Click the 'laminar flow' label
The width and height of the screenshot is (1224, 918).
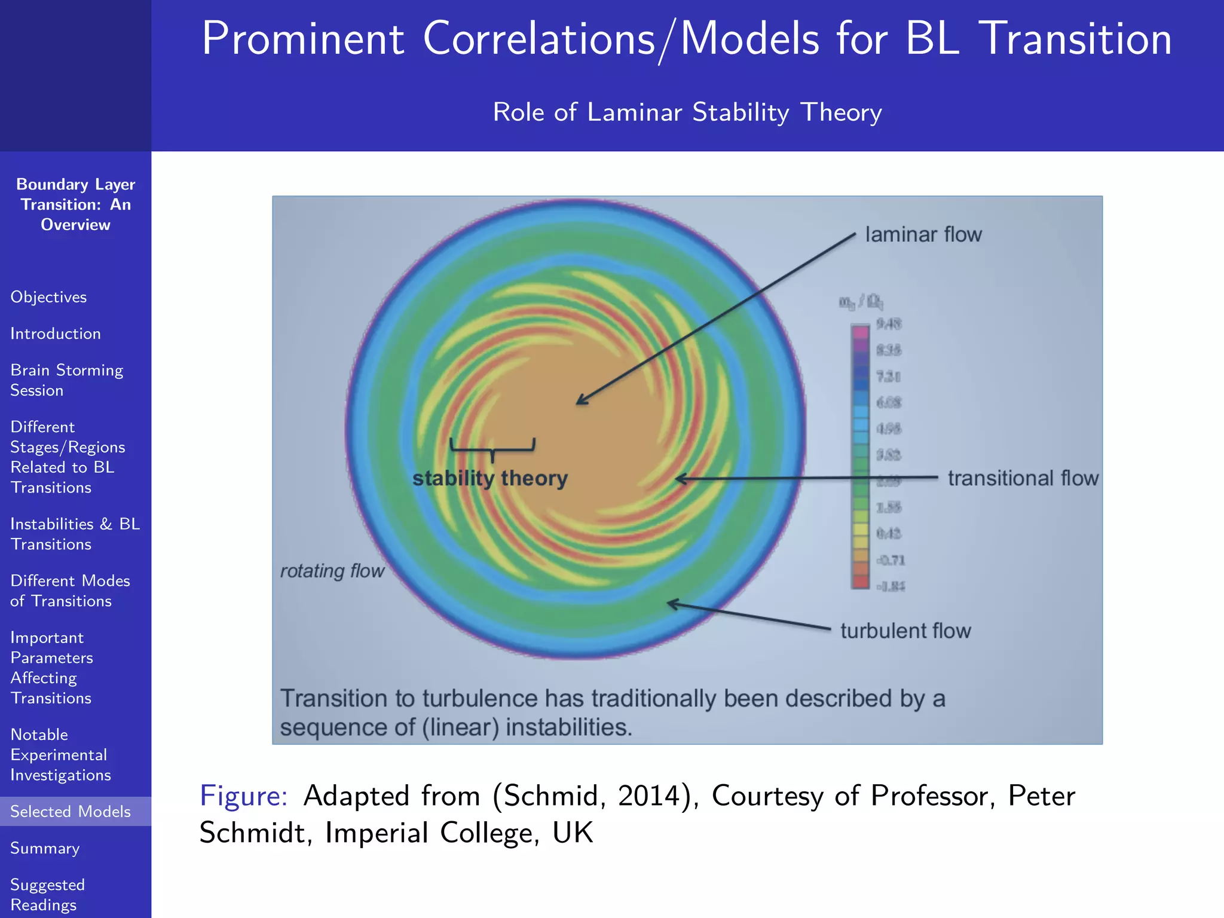click(923, 234)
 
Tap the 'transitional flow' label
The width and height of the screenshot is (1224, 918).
click(1023, 478)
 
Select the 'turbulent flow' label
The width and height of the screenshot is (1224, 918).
click(905, 631)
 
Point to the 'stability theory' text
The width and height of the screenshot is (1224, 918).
click(490, 478)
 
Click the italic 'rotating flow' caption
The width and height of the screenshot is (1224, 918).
click(332, 571)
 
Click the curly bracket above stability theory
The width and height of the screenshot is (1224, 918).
click(492, 448)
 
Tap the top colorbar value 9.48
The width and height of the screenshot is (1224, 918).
click(889, 324)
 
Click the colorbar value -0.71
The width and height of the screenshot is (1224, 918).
click(891, 560)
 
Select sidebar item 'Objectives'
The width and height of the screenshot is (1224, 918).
click(48, 297)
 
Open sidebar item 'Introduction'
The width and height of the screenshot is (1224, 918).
click(56, 333)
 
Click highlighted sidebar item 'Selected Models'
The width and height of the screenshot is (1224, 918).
click(71, 811)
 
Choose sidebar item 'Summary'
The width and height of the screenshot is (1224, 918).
click(45, 848)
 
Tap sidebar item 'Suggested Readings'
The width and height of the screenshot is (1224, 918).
click(48, 894)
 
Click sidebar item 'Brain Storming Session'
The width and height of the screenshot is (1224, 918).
click(66, 380)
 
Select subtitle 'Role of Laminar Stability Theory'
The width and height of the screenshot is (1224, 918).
click(687, 112)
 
